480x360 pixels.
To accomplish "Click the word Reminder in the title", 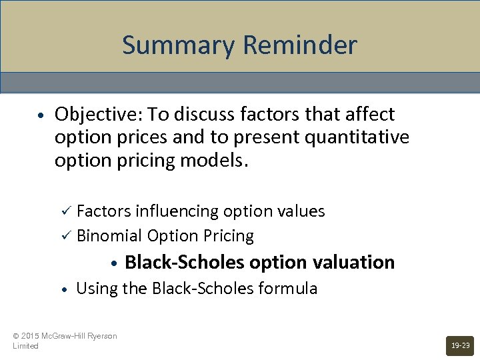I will (x=300, y=45).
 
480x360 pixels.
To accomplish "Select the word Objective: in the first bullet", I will (x=99, y=114).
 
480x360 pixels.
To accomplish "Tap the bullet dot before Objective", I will (x=41, y=115).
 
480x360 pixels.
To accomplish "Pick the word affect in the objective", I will (x=370, y=114).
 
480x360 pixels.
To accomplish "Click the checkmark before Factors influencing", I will (x=65, y=211).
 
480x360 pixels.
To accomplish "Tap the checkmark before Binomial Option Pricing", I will (x=65, y=236).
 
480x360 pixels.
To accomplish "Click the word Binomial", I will (x=109, y=236).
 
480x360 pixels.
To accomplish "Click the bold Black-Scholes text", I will (x=184, y=262).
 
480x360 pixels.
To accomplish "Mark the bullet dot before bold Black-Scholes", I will (x=115, y=263).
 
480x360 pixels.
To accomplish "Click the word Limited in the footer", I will (x=25, y=346).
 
